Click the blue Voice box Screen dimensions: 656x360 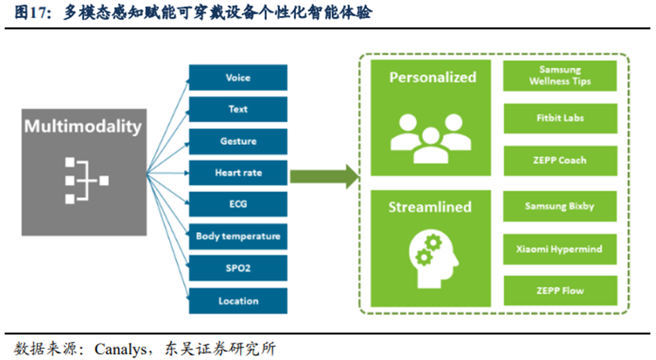238,78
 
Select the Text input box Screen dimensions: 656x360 238,110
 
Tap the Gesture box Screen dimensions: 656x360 238,141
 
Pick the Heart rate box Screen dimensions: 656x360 238,173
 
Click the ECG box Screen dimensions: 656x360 238,204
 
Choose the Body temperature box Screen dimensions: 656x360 238,237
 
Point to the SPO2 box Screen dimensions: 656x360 238,268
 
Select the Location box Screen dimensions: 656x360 238,300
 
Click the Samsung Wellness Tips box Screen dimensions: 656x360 560,76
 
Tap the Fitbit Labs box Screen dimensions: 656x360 560,119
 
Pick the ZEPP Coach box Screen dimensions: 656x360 560,160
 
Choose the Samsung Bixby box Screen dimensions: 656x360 560,206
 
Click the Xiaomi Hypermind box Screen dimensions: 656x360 560,249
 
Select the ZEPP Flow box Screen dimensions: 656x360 560,291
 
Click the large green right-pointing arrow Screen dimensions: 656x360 325,176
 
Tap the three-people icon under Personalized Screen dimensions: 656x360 431,138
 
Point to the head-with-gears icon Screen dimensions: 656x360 433,260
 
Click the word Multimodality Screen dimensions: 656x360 83,126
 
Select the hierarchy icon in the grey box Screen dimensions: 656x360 87,181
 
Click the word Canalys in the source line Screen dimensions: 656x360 121,349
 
